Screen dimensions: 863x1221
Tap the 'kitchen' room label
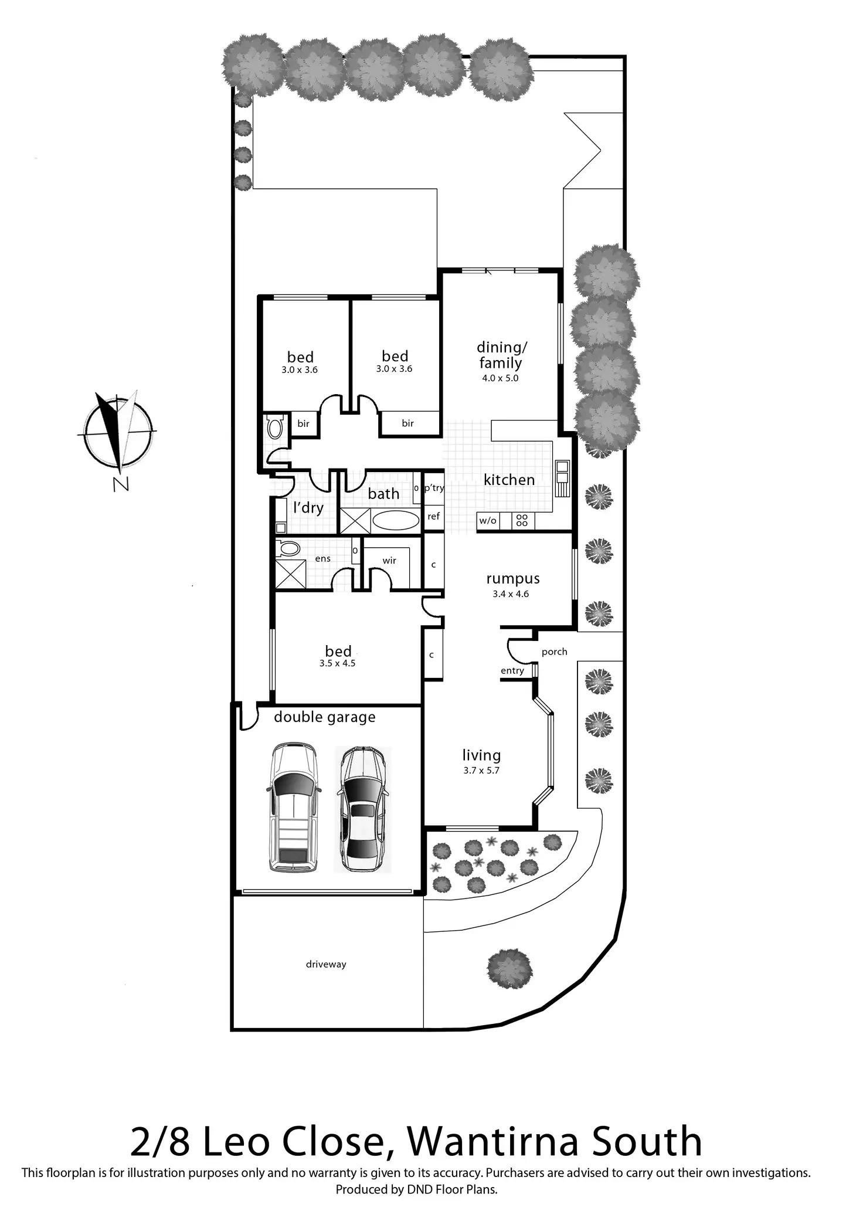point(509,480)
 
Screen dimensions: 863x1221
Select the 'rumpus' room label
point(512,579)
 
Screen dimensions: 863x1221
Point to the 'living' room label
point(481,755)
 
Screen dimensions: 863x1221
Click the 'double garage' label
point(324,717)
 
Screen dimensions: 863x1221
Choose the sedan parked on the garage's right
point(362,809)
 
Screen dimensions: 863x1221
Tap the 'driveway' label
point(326,964)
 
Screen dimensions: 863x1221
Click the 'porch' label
point(554,652)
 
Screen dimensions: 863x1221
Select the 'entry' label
point(512,671)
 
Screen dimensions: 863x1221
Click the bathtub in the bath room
point(396,520)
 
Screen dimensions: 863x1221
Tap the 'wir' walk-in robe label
point(389,561)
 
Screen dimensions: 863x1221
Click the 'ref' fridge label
point(433,517)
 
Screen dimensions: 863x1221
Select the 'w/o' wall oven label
point(487,521)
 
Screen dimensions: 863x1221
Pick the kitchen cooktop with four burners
point(522,520)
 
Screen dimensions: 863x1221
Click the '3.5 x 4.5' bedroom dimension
point(337,664)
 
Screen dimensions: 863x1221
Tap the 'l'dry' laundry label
point(308,508)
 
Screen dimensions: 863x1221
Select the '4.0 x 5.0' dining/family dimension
point(500,378)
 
